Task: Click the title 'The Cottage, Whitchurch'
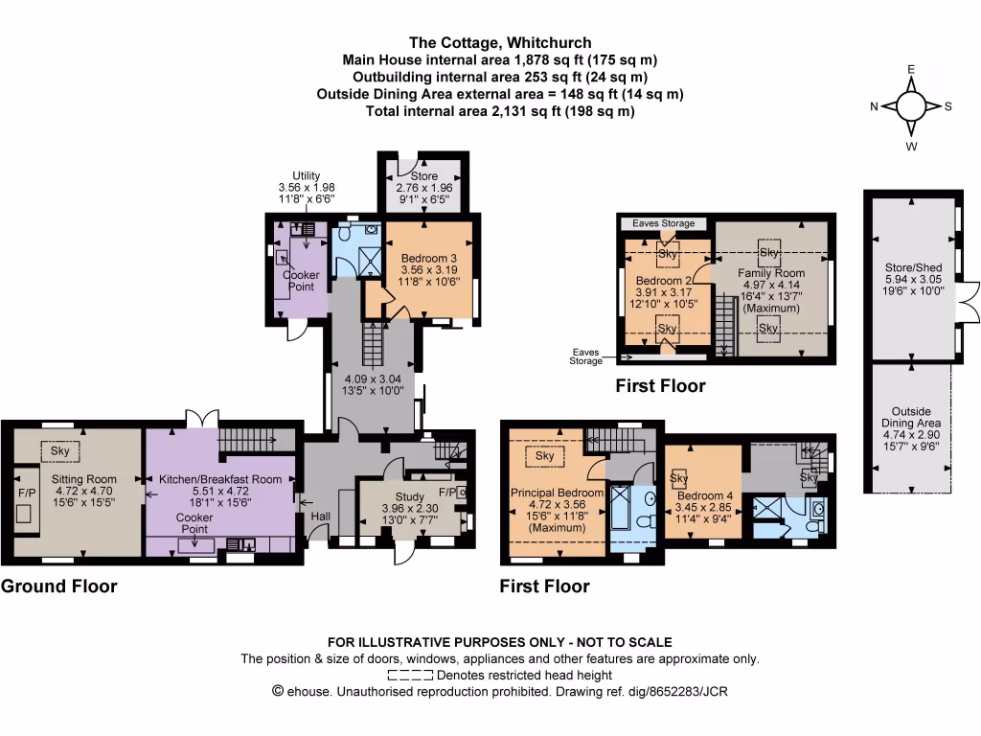pos(500,43)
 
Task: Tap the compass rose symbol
pos(911,106)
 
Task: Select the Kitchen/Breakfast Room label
pos(220,479)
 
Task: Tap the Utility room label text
pos(306,175)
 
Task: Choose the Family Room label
pos(770,273)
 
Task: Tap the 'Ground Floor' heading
pos(59,586)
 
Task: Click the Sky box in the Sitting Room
pos(60,450)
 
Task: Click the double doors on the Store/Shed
pos(969,297)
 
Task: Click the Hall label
pos(320,517)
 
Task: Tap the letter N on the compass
pos(875,106)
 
